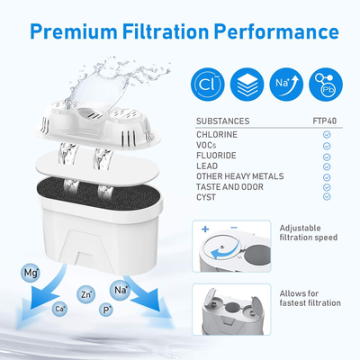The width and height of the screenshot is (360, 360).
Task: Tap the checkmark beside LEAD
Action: point(327,166)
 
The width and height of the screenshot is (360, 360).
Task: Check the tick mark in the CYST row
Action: point(327,197)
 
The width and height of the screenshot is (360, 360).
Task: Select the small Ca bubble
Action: point(60,309)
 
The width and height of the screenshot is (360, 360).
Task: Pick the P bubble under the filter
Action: point(108,310)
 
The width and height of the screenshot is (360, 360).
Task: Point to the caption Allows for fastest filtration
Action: point(308,298)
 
